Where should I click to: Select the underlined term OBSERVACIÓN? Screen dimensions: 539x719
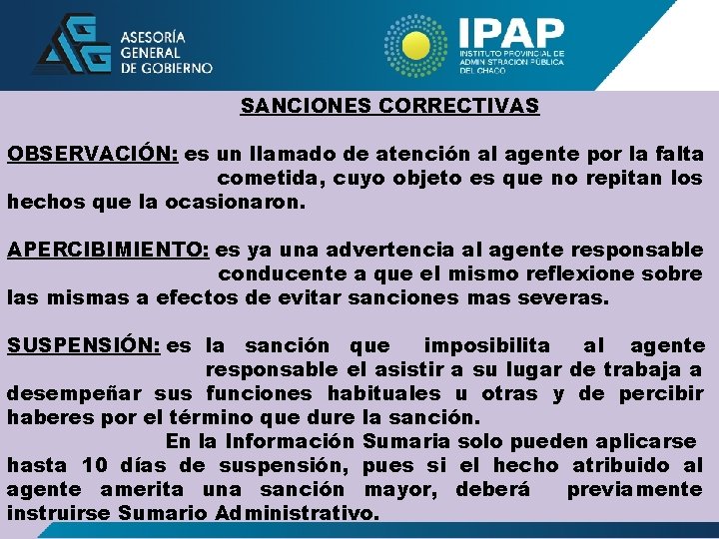[x=92, y=155]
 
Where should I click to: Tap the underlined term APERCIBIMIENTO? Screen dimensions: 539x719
[x=107, y=250]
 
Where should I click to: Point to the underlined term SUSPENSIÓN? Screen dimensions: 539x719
[x=83, y=345]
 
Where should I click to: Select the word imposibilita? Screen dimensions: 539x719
[x=486, y=345]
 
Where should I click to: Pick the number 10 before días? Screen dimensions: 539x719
[x=95, y=465]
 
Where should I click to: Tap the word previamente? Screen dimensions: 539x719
[x=634, y=489]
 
